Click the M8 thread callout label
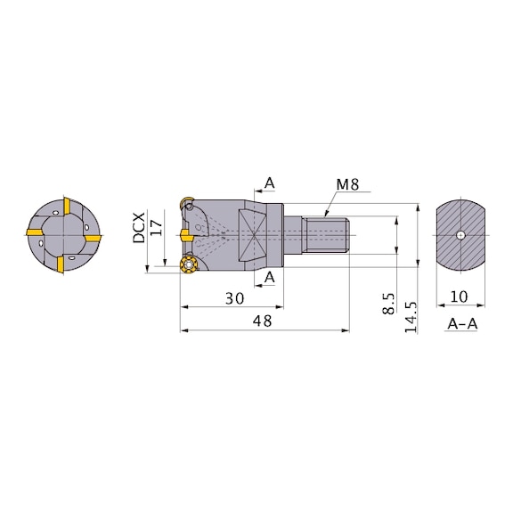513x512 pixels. (347, 184)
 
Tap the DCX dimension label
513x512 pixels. (139, 228)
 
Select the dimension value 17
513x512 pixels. (157, 228)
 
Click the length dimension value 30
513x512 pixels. (234, 298)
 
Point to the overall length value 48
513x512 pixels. (262, 321)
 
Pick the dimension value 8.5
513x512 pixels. (388, 304)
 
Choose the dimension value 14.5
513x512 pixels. (411, 317)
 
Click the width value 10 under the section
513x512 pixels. (460, 297)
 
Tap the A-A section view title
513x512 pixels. (462, 324)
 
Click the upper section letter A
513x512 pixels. (269, 183)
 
